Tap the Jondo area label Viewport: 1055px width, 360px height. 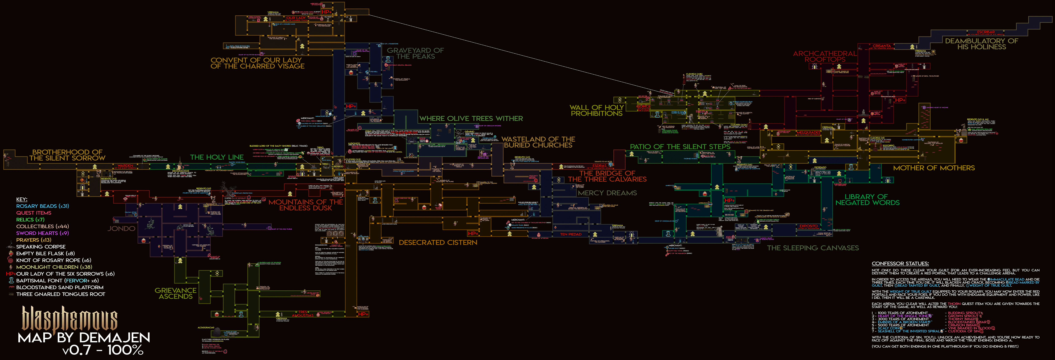coord(121,229)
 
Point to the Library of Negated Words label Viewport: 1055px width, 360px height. coord(867,200)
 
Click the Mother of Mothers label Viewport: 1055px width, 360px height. coord(933,168)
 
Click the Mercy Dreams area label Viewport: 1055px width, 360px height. coord(607,193)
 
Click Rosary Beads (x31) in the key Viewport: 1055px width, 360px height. coord(43,206)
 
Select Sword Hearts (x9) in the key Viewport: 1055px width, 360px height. coord(43,233)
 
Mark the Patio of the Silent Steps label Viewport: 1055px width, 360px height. coord(680,147)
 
